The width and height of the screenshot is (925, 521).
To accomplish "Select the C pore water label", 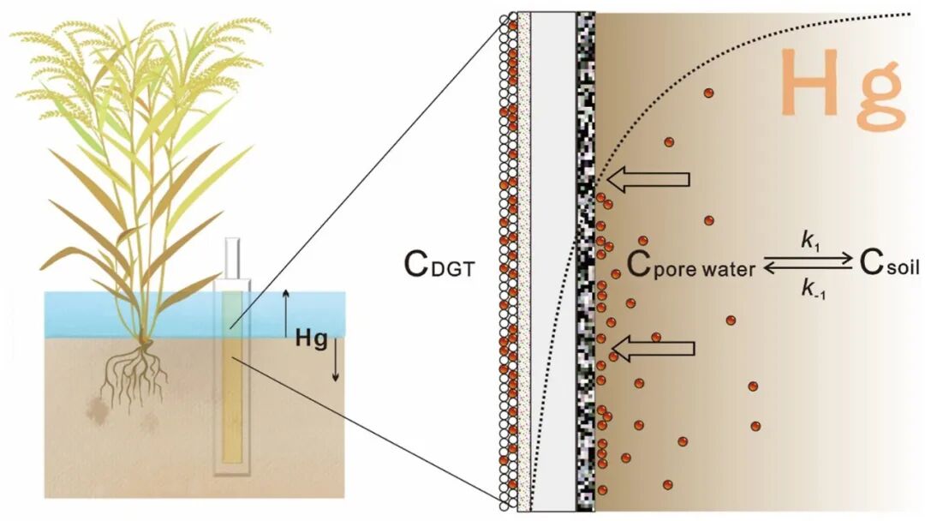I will pos(690,266).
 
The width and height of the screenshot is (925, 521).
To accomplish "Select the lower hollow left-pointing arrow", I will pos(653,348).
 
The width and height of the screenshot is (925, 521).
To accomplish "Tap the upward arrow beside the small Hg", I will pos(286,313).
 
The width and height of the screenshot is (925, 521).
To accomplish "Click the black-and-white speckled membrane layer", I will pos(587,257).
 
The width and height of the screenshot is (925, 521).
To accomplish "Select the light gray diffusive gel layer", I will pos(553,257).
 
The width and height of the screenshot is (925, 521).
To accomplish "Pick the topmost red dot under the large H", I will pos(708,93).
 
